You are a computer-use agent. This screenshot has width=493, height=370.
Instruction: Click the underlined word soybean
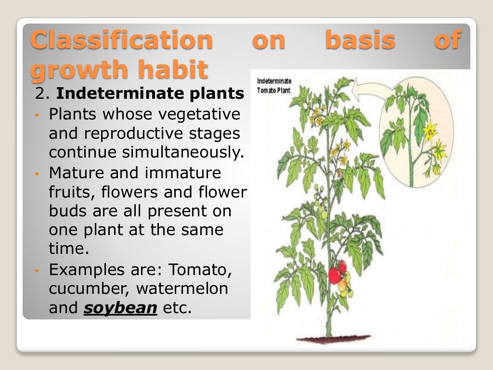click(120, 308)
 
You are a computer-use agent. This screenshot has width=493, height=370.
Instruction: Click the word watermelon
click(182, 289)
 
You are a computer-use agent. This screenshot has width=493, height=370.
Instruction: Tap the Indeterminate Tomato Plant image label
click(274, 86)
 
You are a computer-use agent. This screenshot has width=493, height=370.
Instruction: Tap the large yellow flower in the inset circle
click(429, 130)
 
